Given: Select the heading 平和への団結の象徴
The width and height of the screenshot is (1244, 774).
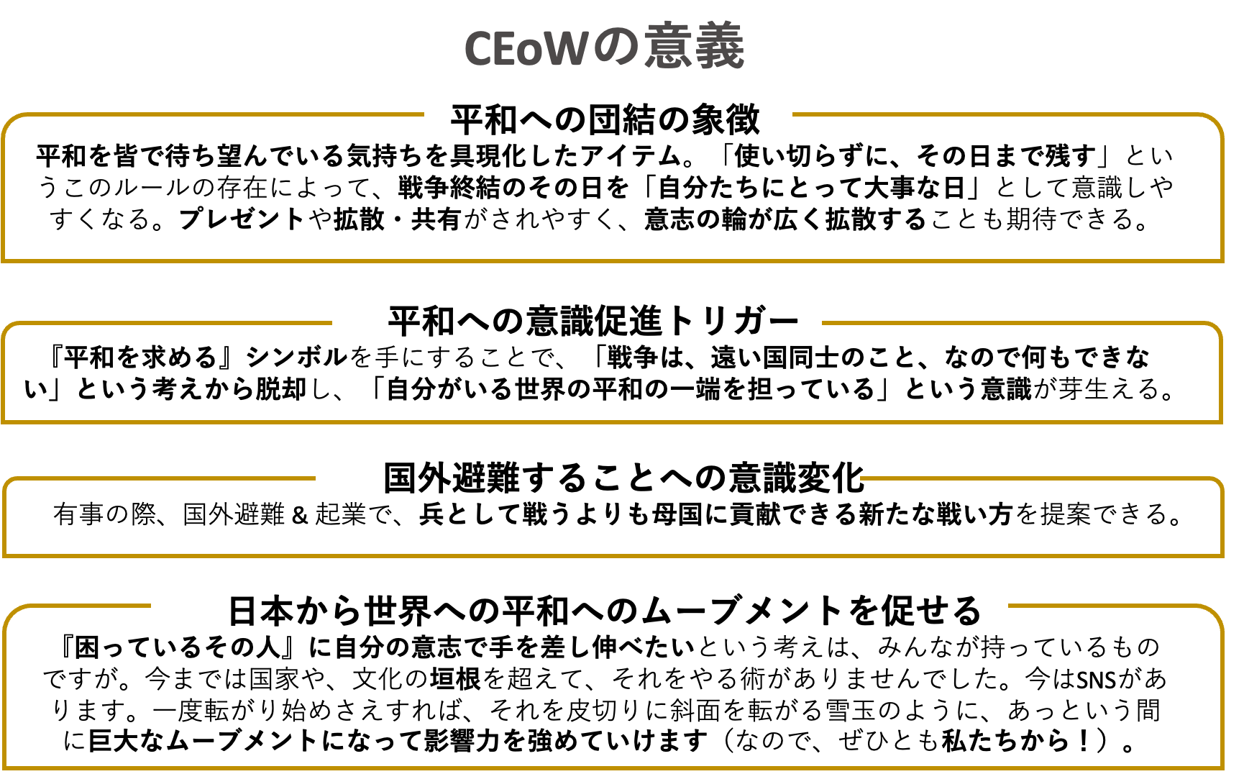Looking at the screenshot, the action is point(605,119).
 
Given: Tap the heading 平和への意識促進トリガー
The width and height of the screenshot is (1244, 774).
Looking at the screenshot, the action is point(594,321).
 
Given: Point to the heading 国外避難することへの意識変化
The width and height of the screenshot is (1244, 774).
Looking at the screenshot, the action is point(623,477).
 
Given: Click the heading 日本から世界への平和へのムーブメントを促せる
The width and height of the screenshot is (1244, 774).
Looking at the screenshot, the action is point(605,611).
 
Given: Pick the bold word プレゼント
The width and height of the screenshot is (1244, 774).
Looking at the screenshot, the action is point(242,219).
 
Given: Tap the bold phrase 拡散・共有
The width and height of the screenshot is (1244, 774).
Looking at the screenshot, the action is point(398,219).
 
